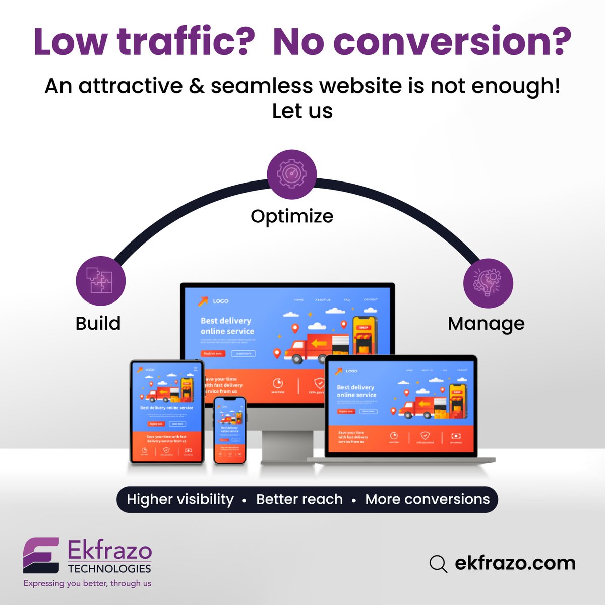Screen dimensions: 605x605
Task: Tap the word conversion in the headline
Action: point(444,42)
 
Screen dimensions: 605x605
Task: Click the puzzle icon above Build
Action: point(100,281)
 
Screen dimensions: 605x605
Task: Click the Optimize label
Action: point(292,216)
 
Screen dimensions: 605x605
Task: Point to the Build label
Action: point(98,323)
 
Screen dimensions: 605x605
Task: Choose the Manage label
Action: point(486,324)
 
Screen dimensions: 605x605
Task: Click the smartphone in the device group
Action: point(230,430)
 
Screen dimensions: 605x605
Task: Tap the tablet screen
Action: point(167,411)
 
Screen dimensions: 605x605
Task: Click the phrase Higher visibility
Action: point(180,499)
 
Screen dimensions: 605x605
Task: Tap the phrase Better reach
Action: point(299,499)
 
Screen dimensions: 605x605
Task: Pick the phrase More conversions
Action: point(428,499)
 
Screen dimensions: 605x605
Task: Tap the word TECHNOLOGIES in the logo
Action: point(109,569)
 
